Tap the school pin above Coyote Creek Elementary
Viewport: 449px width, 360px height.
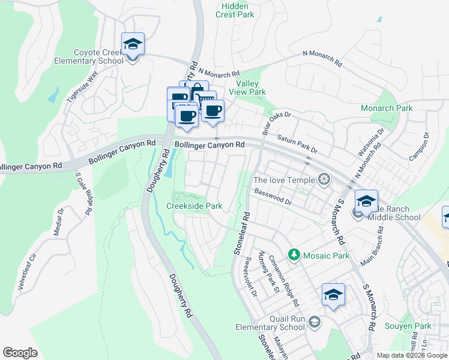click(133, 44)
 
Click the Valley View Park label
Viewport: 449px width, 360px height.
click(251, 88)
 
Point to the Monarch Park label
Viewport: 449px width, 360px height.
click(387, 109)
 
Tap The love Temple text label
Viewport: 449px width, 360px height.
click(284, 179)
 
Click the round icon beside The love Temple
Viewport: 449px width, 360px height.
click(324, 179)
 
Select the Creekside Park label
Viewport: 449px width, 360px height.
click(194, 206)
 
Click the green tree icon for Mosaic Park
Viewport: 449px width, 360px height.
click(294, 256)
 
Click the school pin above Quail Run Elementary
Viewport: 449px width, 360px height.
click(333, 295)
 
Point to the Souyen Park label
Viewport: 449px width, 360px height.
click(414, 326)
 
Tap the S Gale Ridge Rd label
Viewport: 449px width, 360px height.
click(83, 194)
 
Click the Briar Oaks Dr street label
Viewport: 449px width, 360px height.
click(277, 122)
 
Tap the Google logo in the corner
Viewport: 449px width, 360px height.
click(20, 353)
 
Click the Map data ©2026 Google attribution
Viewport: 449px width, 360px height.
click(411, 355)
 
